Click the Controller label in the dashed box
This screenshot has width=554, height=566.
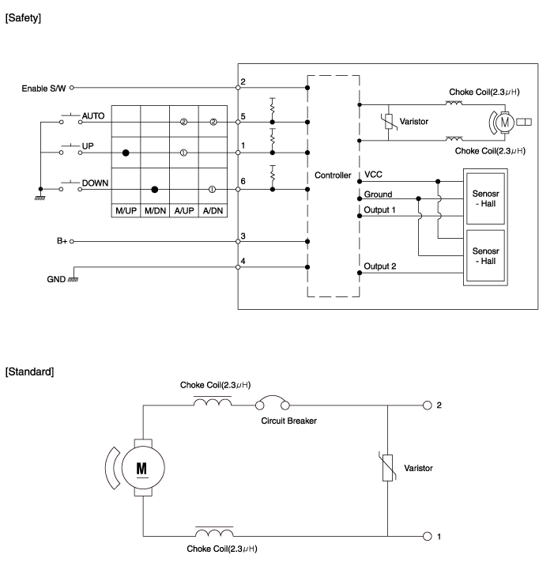(x=333, y=175)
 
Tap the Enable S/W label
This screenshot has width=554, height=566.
(x=43, y=89)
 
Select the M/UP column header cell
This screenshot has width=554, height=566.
(x=126, y=211)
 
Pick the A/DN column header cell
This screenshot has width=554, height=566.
(x=213, y=211)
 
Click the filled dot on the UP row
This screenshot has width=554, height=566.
(x=126, y=153)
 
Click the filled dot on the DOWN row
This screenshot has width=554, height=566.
(x=154, y=190)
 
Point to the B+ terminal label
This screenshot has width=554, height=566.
(x=62, y=241)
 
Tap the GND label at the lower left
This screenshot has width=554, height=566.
(x=56, y=279)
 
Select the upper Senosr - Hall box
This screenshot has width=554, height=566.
(x=485, y=198)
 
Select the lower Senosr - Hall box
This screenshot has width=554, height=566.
(x=485, y=255)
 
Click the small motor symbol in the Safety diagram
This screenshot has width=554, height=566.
(x=504, y=123)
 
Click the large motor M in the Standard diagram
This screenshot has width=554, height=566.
(x=143, y=468)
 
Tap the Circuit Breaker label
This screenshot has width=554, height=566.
(x=288, y=421)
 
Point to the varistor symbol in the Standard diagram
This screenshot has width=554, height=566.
(x=387, y=468)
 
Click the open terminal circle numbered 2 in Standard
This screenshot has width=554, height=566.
(x=428, y=406)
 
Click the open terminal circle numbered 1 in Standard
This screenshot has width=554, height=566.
(x=428, y=537)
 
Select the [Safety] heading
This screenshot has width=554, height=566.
(x=23, y=17)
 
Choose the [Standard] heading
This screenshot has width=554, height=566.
(x=29, y=372)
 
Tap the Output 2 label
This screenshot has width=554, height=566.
(x=379, y=266)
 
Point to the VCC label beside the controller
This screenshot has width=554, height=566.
(x=373, y=175)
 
